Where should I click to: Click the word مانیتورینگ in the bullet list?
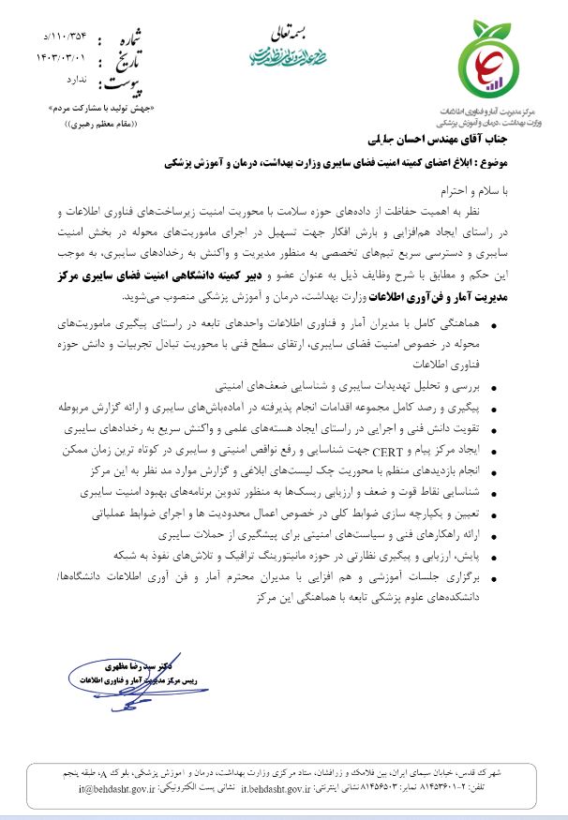(290, 552)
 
